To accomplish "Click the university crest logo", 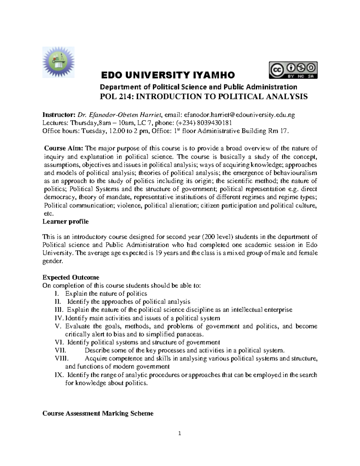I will tap(58, 62).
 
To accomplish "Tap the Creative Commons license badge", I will tap(293, 70).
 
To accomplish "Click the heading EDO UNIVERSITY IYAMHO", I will tap(168, 75).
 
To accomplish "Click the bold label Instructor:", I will tap(59, 115).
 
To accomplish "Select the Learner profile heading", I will tap(65, 222).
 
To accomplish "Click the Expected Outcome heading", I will tap(71, 277).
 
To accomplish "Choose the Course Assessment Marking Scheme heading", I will tap(98, 413).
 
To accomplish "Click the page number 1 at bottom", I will tap(179, 433).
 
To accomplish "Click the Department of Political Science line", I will tap(198, 87).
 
